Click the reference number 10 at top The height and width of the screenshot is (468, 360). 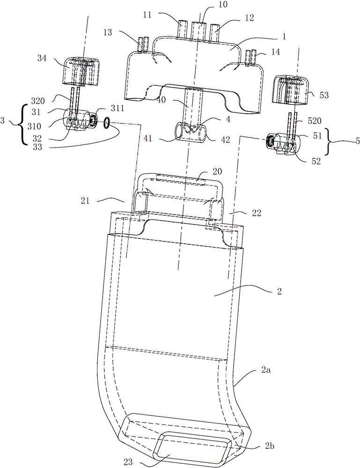point(223,5)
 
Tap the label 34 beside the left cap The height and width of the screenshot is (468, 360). point(42,58)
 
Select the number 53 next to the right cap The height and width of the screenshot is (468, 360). point(324,95)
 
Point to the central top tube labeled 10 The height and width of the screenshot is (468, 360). point(199,30)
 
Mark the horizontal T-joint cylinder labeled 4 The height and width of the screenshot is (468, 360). point(190,132)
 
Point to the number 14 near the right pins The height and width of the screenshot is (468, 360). point(276,52)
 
